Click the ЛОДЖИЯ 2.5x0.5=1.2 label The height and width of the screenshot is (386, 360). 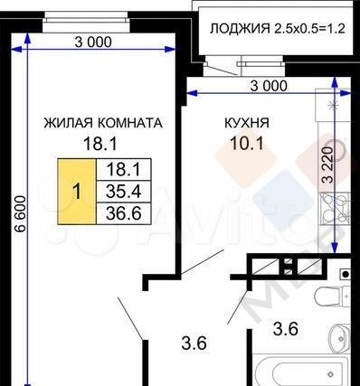(x=277, y=29)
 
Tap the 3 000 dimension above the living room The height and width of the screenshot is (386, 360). (x=93, y=42)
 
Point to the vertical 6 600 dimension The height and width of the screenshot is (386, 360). (x=20, y=213)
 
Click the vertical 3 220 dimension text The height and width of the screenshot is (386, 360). (x=327, y=165)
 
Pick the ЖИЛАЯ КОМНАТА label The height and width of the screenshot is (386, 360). (x=103, y=123)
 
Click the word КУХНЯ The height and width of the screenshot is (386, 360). (x=247, y=123)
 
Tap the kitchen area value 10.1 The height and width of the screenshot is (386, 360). (x=247, y=144)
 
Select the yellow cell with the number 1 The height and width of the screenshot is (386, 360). (x=77, y=192)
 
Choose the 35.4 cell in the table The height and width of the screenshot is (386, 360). (x=124, y=192)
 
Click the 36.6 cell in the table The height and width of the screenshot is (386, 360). (x=124, y=213)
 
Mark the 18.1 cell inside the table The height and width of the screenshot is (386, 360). (x=124, y=170)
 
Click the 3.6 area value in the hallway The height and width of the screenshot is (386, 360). (x=194, y=344)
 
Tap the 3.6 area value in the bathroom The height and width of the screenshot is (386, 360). (x=286, y=329)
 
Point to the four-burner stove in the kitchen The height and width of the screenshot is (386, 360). (x=335, y=209)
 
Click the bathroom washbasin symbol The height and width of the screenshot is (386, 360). (x=340, y=338)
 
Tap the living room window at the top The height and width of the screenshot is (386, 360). (x=86, y=22)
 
